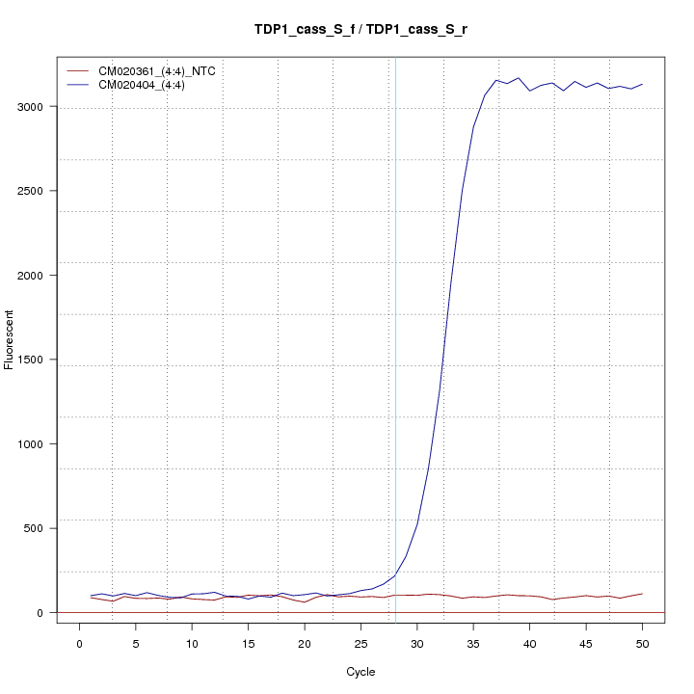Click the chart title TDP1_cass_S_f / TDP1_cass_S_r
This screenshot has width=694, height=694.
[360, 30]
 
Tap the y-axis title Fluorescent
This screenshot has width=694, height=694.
[11, 338]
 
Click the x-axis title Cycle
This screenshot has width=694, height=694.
[360, 671]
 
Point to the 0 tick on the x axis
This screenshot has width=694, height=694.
[80, 644]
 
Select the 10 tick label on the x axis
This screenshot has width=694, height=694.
[192, 644]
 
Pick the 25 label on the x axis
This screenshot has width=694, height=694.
[360, 644]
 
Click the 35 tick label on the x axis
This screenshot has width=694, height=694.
[473, 644]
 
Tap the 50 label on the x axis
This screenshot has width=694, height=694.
[642, 644]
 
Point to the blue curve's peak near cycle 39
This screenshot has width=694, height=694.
[519, 78]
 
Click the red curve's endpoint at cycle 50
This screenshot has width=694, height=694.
[642, 594]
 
